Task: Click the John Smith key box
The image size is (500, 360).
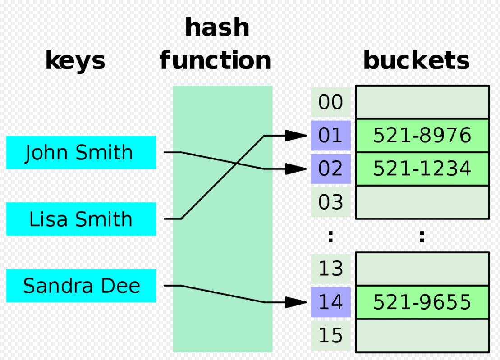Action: click(x=81, y=152)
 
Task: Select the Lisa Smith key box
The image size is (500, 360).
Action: click(x=81, y=219)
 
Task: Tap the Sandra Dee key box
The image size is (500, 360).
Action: click(x=81, y=286)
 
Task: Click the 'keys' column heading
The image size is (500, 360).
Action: click(x=75, y=61)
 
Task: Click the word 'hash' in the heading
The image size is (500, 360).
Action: click(x=217, y=28)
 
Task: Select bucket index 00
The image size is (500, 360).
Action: click(x=330, y=103)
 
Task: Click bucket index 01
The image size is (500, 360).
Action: click(x=330, y=136)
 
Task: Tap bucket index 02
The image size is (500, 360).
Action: click(x=330, y=169)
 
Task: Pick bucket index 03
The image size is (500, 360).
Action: click(x=330, y=202)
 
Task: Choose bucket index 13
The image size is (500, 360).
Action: click(x=330, y=269)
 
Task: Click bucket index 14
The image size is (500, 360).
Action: click(x=330, y=302)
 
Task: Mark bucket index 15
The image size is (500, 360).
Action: click(x=330, y=336)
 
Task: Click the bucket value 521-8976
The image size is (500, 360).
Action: click(x=422, y=136)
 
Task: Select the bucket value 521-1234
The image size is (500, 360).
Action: click(x=422, y=169)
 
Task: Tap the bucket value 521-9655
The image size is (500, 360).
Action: click(x=422, y=302)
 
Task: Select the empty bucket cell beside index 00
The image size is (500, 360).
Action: click(x=422, y=103)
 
